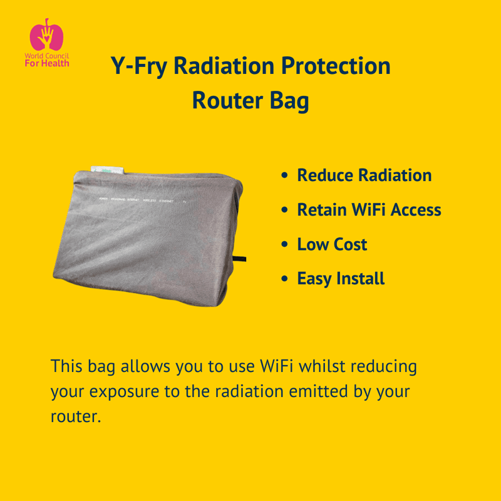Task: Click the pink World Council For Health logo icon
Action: (46, 35)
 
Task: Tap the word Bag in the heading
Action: (291, 100)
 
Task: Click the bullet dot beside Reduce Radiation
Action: (286, 176)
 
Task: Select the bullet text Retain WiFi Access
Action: (369, 210)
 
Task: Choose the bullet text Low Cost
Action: (332, 244)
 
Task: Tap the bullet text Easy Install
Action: (341, 278)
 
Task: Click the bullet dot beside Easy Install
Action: (286, 279)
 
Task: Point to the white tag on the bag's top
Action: (108, 170)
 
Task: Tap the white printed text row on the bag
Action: (140, 200)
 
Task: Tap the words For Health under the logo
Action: (47, 63)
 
